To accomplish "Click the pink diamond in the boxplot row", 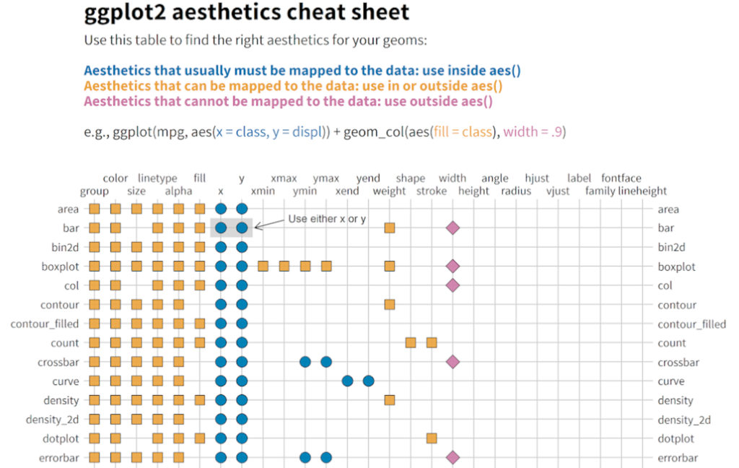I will click(x=452, y=266).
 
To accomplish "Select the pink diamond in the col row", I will click(x=452, y=285).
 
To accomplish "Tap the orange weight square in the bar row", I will click(x=390, y=228).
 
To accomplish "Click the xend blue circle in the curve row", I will click(x=347, y=381).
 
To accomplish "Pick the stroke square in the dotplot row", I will click(x=432, y=438).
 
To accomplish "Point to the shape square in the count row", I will click(x=411, y=342).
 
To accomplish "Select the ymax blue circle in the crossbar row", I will click(x=326, y=362).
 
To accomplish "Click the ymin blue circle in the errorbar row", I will click(x=305, y=457).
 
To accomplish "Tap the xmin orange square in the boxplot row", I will click(x=263, y=266).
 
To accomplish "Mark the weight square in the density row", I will click(x=390, y=399).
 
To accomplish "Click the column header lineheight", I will click(x=642, y=191).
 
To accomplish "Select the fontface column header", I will click(x=621, y=178).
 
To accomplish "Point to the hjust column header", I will click(x=537, y=178).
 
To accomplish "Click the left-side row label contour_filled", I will click(x=45, y=324).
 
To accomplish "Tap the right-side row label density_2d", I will click(x=684, y=420).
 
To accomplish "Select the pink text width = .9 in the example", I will click(x=535, y=131).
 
